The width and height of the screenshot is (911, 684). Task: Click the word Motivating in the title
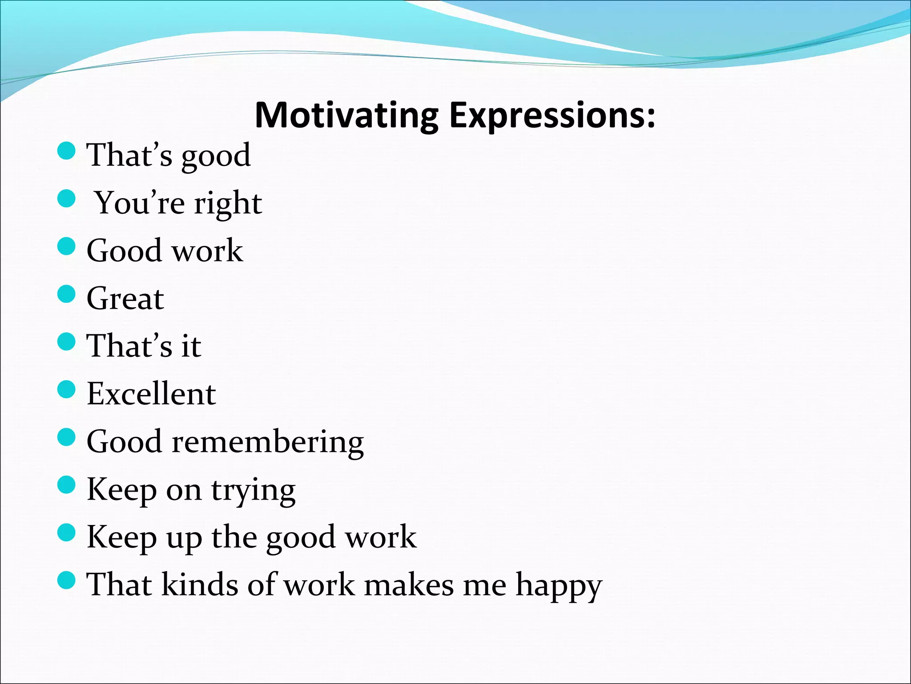coord(347,116)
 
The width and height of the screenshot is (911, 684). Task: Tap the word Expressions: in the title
coord(552,116)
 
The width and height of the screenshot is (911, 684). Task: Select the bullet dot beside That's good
coord(67,151)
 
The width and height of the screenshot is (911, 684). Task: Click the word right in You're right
coord(228,204)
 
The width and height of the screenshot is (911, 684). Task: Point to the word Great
coord(125,298)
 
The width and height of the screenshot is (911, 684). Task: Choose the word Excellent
coord(151,394)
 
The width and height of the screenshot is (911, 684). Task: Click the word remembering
coord(268,442)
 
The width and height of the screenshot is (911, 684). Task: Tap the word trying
coord(253,491)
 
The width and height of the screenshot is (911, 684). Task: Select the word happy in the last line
coord(559,586)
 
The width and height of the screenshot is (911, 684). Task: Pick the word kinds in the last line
coord(200,584)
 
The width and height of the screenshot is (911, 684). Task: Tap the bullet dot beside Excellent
coord(67,390)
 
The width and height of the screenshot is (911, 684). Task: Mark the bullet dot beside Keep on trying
coord(67,485)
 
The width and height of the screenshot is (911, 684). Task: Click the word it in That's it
coord(191,346)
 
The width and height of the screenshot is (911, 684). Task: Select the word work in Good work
coord(208,251)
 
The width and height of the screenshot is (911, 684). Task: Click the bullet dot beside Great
coord(67,294)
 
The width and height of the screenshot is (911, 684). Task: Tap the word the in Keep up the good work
coord(234,537)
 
